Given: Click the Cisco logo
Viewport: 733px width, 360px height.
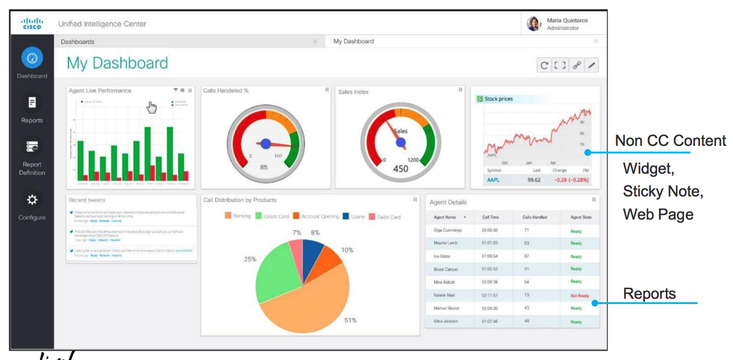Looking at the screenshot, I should pyautogui.click(x=32, y=23).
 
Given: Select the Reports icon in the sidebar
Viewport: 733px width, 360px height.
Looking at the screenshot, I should pyautogui.click(x=32, y=103).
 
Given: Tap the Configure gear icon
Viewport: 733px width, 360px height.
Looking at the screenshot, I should pyautogui.click(x=32, y=200).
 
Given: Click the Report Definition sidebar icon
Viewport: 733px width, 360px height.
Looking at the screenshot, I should pyautogui.click(x=32, y=147).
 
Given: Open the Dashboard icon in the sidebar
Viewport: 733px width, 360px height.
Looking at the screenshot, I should pyautogui.click(x=32, y=58).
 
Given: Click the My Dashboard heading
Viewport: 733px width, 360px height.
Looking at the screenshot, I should pyautogui.click(x=117, y=63).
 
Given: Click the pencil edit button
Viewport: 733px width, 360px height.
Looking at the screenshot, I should pyautogui.click(x=592, y=66).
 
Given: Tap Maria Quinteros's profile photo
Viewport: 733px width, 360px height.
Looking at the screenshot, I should pyautogui.click(x=534, y=24).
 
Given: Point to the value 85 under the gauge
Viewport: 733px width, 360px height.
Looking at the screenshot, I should pyautogui.click(x=264, y=167).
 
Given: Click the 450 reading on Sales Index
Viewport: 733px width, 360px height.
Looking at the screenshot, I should pyautogui.click(x=400, y=169).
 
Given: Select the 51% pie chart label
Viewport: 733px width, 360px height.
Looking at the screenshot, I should pyautogui.click(x=350, y=320).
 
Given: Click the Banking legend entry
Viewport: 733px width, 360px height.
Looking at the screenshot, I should pyautogui.click(x=237, y=216).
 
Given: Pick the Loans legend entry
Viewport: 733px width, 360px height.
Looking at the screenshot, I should pyautogui.click(x=353, y=216).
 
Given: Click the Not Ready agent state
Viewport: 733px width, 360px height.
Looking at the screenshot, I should pyautogui.click(x=579, y=295).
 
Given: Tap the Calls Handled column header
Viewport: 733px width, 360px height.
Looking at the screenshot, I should pyautogui.click(x=535, y=217).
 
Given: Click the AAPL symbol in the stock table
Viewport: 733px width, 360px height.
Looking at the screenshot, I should pyautogui.click(x=493, y=180).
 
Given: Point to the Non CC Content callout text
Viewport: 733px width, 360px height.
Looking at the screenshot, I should pyautogui.click(x=671, y=141).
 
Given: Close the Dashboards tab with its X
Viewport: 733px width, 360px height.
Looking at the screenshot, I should pyautogui.click(x=315, y=42).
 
